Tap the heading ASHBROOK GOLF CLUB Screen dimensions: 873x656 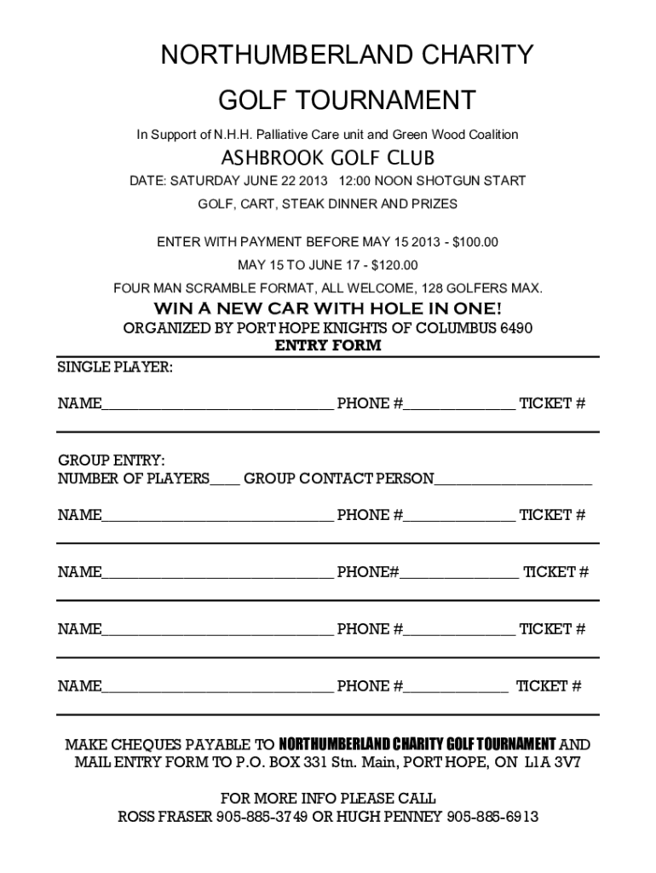(328, 159)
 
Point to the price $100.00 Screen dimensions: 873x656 (475, 242)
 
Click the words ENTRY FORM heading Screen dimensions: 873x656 (327, 346)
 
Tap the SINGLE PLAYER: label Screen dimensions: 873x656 (115, 367)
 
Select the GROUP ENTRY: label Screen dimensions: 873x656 (112, 461)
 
